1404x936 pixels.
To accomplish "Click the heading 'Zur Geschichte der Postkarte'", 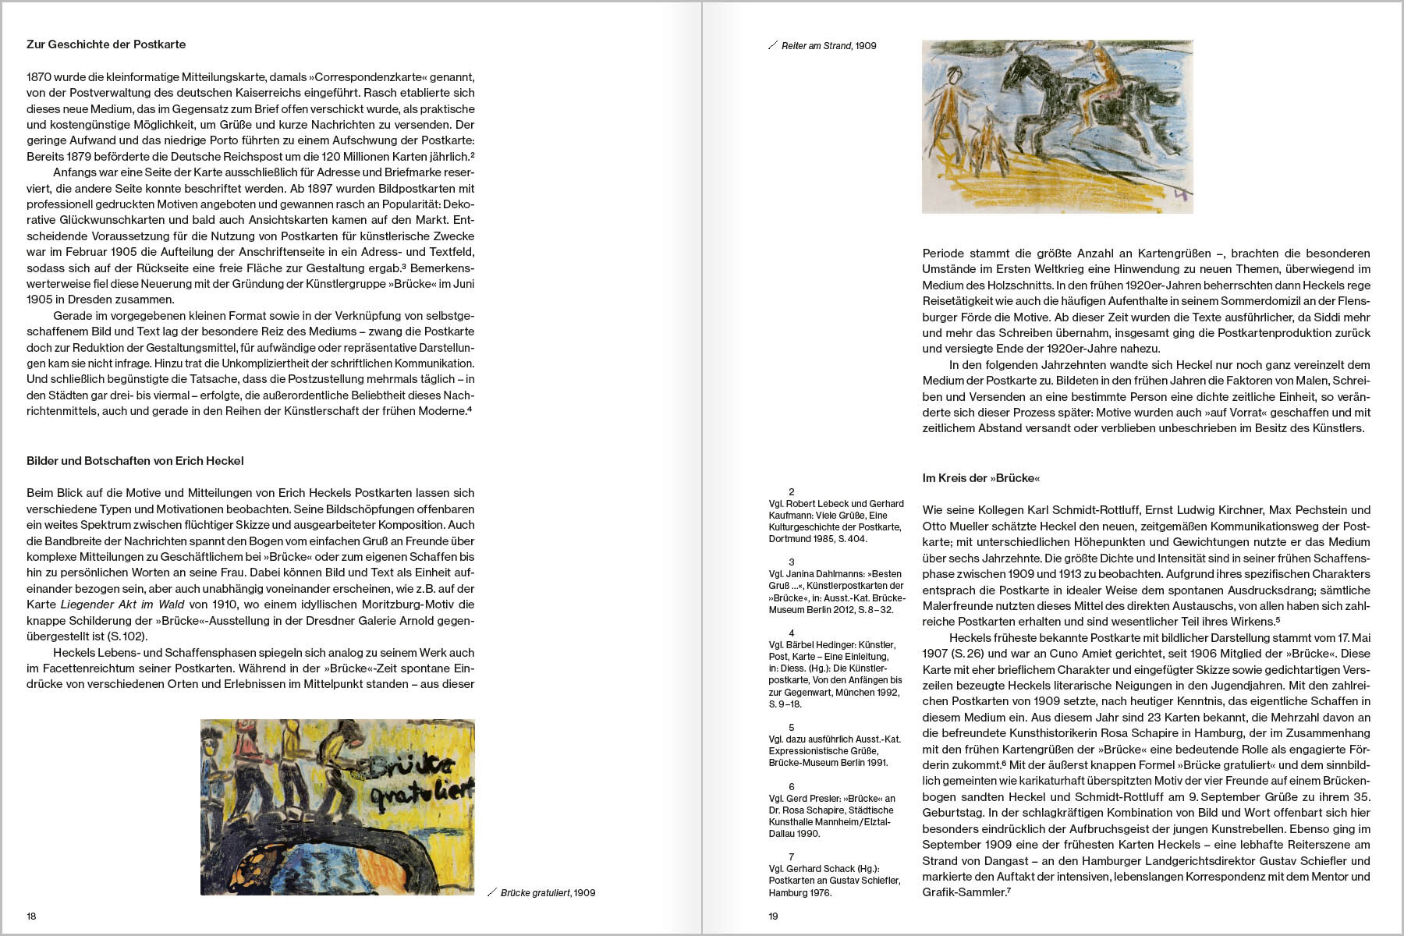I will pos(106,44).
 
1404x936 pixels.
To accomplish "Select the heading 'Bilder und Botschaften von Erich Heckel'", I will pos(135,461).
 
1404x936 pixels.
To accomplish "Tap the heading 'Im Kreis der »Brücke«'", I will pos(980,478).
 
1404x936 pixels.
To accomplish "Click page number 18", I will pos(31,916).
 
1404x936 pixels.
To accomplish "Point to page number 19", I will pos(773,916).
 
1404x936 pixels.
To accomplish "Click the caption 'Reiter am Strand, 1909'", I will pos(828,46).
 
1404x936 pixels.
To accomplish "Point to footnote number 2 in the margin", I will pos(791,492).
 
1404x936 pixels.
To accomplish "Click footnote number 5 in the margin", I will pos(791,728).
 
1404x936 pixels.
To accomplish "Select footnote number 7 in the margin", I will pos(791,857).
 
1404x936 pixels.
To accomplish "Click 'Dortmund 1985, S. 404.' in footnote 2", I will pos(817,539).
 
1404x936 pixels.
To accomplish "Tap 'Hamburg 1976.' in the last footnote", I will pos(799,892).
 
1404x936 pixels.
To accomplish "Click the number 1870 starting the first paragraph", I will pos(39,77).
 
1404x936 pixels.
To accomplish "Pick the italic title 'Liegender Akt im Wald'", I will pos(122,604).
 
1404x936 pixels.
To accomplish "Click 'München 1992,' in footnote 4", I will pos(867,692).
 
